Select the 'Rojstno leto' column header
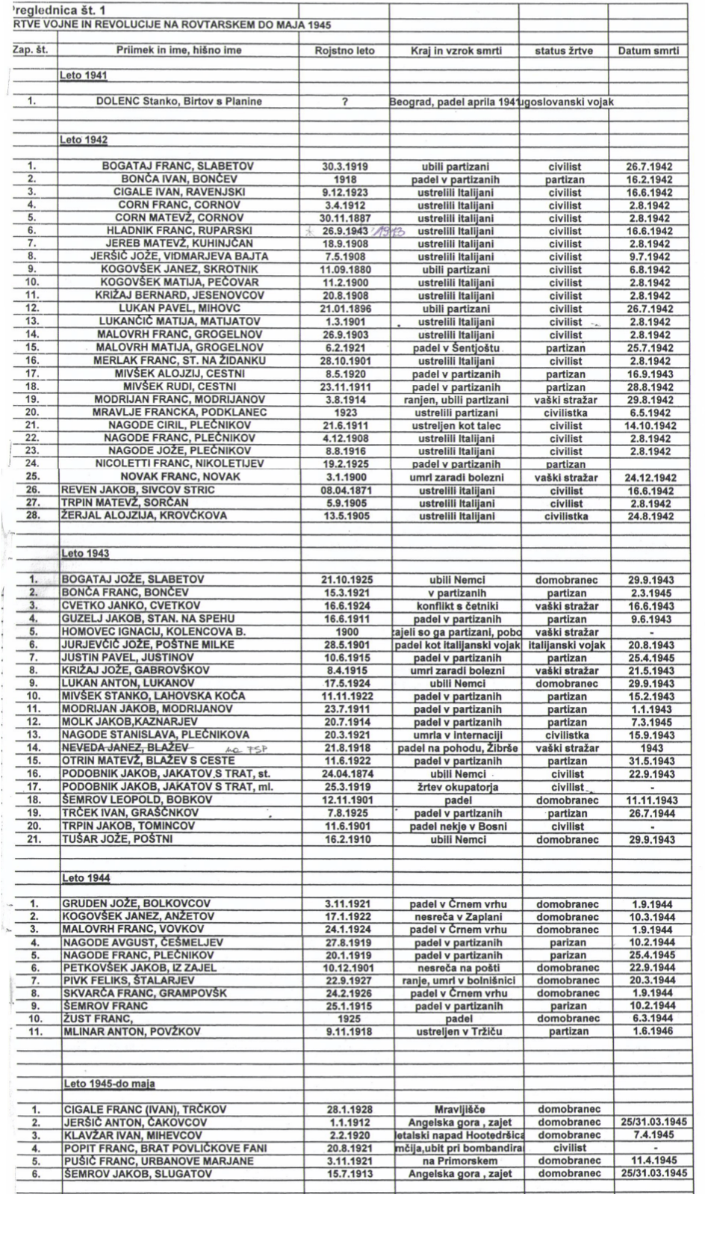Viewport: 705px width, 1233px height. [344, 51]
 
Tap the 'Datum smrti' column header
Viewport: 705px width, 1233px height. [648, 51]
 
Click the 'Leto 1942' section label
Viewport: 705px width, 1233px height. [84, 140]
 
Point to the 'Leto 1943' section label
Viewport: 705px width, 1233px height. [86, 554]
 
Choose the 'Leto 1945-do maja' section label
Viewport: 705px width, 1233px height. [109, 1084]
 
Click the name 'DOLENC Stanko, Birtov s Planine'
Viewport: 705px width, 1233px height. [178, 101]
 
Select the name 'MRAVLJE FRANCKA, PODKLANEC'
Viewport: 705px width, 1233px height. [178, 412]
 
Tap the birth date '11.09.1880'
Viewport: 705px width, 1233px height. [344, 270]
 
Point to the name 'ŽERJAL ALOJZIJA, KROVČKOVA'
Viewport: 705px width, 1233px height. [144, 516]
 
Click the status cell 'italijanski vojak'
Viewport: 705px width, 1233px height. [566, 645]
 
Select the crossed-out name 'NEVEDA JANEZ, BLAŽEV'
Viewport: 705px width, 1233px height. [126, 748]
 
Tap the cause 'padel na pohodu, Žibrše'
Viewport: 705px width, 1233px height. [456, 748]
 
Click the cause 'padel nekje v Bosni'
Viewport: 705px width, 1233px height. [456, 826]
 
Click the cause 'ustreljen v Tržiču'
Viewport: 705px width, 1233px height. [456, 1032]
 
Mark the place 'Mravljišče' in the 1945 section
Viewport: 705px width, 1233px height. [456, 1110]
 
